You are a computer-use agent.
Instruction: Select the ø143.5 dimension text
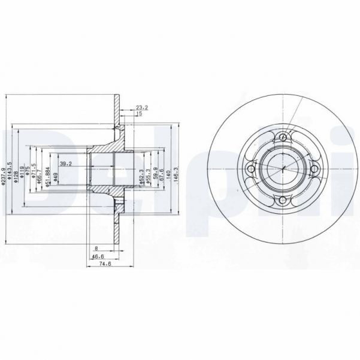(x=11, y=170)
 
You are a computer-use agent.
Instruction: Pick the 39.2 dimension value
(x=66, y=163)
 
